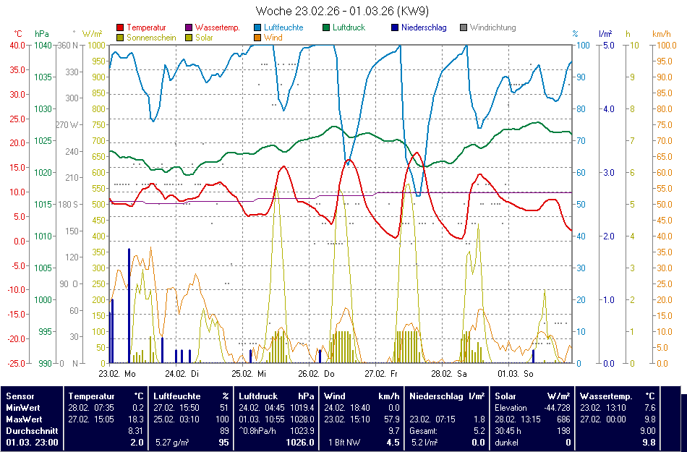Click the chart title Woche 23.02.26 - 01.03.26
tap(343, 12)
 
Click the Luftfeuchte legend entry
tap(283, 27)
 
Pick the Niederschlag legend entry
tap(423, 27)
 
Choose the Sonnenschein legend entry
tap(151, 37)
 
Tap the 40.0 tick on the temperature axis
tap(17, 45)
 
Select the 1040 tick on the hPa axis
tap(43, 45)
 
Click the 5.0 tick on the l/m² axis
tap(608, 45)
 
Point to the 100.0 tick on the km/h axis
tap(665, 45)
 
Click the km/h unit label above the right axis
tap(661, 34)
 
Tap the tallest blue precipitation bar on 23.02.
tap(129, 304)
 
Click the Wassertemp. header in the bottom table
tap(606, 396)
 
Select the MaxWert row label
tap(24, 419)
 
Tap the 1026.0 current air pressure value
tap(299, 442)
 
